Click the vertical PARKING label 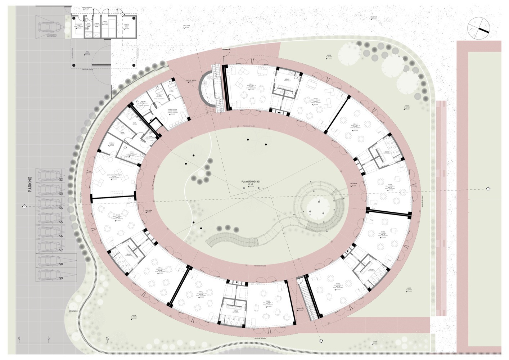click(30, 184)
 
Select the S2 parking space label click(61, 179)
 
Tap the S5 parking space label click(61, 222)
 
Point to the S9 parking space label click(61, 278)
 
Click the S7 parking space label click(61, 250)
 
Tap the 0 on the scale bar click(19, 338)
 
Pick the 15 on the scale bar click(107, 338)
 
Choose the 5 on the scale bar click(49, 338)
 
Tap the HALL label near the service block click(87, 53)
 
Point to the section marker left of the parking click(24, 206)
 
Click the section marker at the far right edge click(488, 188)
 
